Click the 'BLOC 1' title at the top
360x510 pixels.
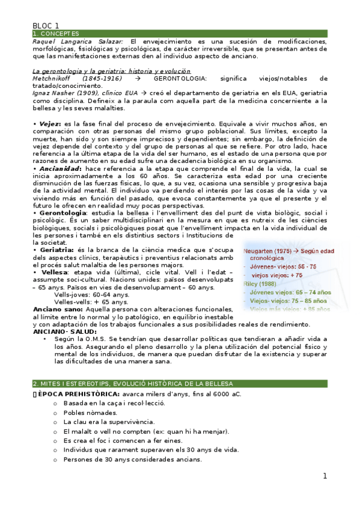coord(46,25)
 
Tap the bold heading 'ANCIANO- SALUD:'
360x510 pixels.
coord(64,331)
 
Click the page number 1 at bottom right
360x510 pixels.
coord(325,476)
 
